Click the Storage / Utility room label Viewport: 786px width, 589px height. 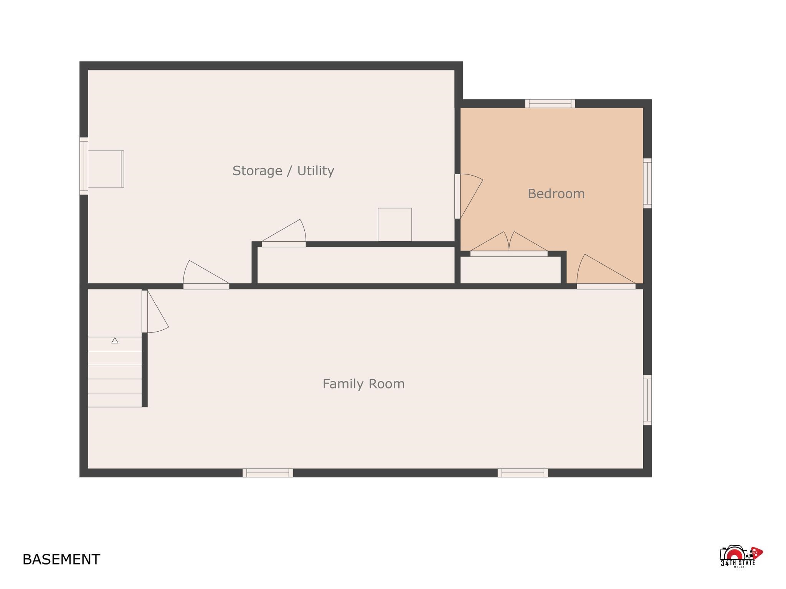(x=283, y=171)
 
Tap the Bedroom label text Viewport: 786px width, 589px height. (x=556, y=194)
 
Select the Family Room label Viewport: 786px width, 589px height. (x=363, y=384)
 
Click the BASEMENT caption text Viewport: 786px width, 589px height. (x=61, y=559)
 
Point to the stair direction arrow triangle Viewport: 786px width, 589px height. (x=115, y=340)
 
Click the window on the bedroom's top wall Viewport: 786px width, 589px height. (x=550, y=104)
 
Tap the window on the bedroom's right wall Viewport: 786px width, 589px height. (x=647, y=183)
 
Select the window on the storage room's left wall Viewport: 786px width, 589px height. (x=84, y=166)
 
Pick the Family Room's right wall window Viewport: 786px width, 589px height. (x=647, y=400)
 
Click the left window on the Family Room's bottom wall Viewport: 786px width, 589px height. (x=268, y=473)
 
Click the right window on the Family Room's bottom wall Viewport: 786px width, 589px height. (x=523, y=473)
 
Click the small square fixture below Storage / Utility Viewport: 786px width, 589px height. (x=395, y=225)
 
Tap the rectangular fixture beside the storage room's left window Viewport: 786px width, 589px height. (x=106, y=169)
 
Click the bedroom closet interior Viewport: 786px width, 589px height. (x=510, y=270)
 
